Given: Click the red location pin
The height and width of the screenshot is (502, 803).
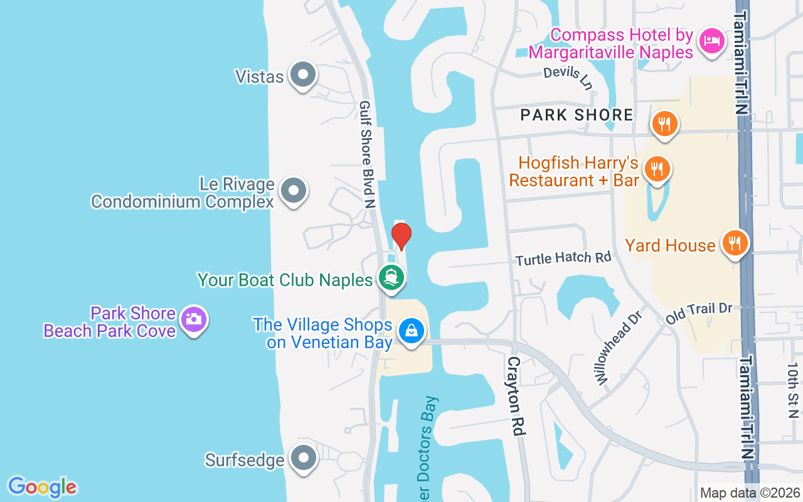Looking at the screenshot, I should (x=401, y=236).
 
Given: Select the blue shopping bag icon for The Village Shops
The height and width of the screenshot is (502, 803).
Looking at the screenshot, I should (x=412, y=330).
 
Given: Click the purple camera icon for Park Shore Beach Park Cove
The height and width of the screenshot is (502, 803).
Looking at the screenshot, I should (x=194, y=319).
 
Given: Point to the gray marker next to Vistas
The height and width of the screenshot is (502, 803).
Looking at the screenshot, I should (x=303, y=74).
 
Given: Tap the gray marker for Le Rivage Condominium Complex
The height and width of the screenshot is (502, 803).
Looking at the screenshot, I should (x=293, y=190).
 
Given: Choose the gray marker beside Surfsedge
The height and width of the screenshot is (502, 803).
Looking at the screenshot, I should (x=303, y=458).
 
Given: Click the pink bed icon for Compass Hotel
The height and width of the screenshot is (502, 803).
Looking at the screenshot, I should (x=711, y=40).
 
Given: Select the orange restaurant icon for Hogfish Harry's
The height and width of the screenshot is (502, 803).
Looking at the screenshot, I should (x=657, y=168).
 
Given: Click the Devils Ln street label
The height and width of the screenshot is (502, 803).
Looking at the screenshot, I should (x=568, y=78).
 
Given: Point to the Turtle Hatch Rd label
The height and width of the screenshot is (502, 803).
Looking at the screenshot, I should (x=563, y=257).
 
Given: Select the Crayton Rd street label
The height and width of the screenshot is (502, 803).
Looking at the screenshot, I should (x=515, y=396).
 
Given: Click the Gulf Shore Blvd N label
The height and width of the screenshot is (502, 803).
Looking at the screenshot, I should (x=366, y=154).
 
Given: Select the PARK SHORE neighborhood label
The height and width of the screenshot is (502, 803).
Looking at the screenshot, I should (x=577, y=115).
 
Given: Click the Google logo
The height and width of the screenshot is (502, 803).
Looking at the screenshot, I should (x=42, y=487).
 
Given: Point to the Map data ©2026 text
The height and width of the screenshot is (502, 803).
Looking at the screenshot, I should (x=749, y=493).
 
